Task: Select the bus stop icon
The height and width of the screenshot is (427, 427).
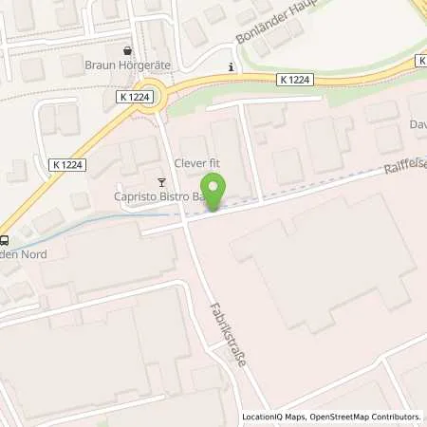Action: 6,239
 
